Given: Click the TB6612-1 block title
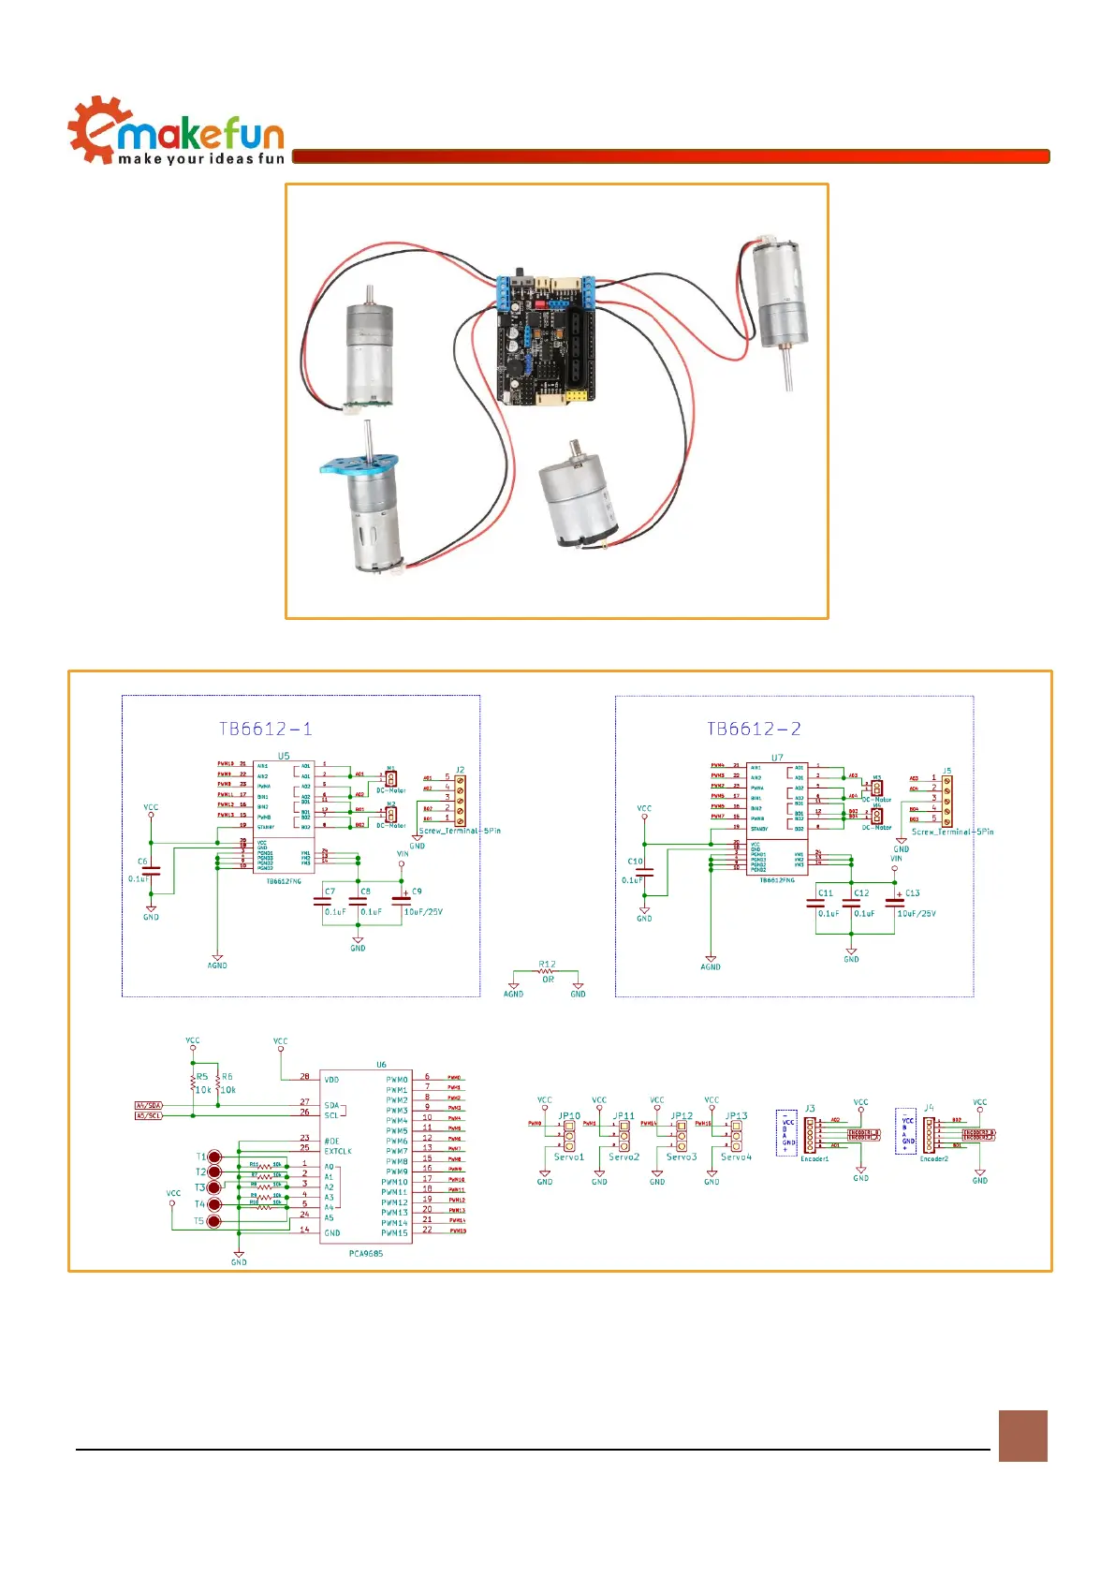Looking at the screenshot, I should [x=266, y=729].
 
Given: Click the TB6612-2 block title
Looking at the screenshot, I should [x=754, y=729].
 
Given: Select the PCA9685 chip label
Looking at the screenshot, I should [x=365, y=1253].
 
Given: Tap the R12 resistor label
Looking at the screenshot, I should [x=547, y=964].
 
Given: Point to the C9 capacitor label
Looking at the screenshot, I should [x=417, y=892].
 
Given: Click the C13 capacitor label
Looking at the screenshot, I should [x=912, y=893].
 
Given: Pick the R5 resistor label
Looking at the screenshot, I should [x=202, y=1077].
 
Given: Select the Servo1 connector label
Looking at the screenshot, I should [x=568, y=1157].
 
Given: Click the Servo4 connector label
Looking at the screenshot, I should [x=736, y=1157].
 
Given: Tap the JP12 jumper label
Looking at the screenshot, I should [x=682, y=1116].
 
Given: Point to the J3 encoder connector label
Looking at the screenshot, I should [x=810, y=1109].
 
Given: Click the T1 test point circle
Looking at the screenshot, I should [x=214, y=1157].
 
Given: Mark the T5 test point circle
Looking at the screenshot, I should [x=214, y=1221].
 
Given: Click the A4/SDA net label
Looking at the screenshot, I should [x=149, y=1106].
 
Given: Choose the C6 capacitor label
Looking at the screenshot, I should [x=142, y=862].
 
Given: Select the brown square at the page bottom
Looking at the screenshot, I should [x=1022, y=1436].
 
